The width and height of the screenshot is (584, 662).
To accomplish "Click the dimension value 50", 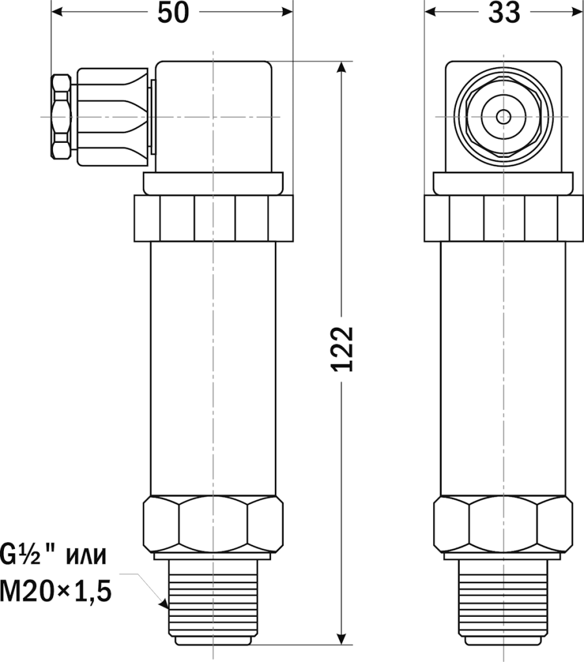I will [x=173, y=13].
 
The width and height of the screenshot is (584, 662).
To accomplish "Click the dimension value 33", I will [x=504, y=13].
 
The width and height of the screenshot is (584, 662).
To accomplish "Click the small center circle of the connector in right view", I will [x=503, y=117].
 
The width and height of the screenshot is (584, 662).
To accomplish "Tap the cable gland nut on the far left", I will [x=61, y=117].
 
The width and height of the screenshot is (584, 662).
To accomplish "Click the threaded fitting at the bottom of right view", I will [x=503, y=601].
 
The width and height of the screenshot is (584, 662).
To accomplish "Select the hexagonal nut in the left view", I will [x=212, y=524].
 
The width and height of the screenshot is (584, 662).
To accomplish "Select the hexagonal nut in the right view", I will [x=503, y=524].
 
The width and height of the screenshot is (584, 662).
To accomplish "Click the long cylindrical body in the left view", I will [x=212, y=368].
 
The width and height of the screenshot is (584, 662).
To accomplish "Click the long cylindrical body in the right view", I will [x=503, y=368].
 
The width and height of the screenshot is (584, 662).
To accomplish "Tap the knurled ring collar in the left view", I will [x=213, y=218].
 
